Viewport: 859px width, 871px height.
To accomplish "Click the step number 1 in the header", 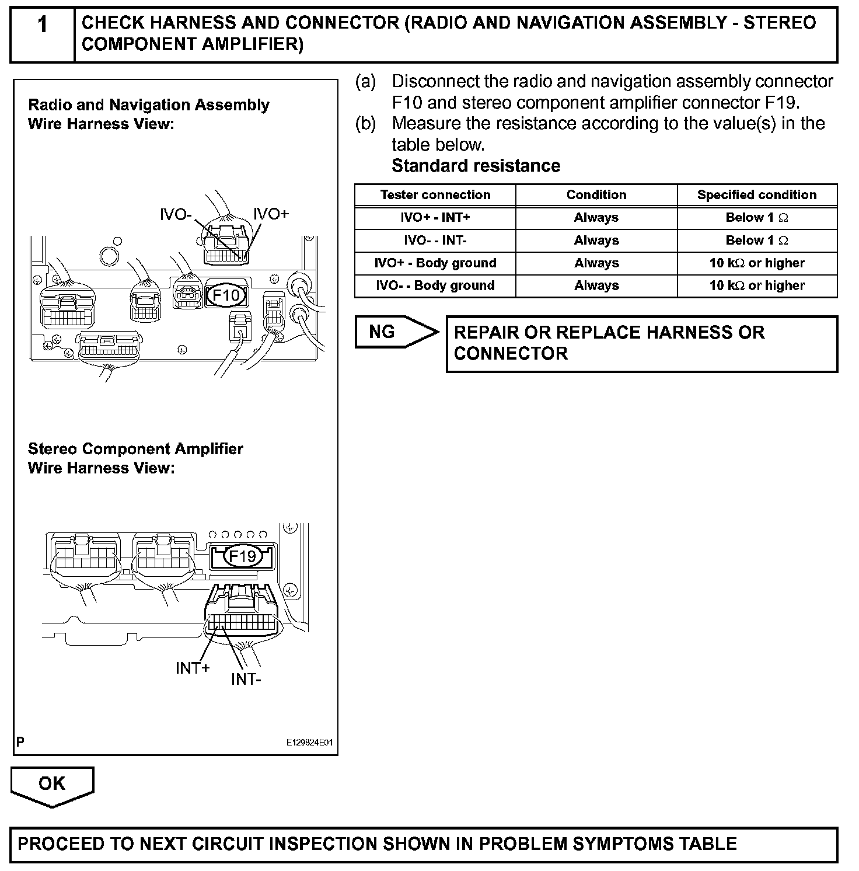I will (42, 26).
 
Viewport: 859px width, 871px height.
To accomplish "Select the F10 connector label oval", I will (226, 295).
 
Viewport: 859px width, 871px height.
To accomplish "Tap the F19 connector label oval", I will (242, 556).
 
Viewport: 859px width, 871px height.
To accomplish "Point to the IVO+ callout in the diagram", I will (271, 214).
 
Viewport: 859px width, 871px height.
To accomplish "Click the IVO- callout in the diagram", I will (176, 215).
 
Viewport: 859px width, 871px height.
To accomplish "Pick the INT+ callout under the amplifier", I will (193, 668).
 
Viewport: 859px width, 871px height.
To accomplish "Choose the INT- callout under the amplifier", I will (246, 680).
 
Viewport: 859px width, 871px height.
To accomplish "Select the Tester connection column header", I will (435, 195).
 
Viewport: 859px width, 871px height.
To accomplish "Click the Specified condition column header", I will (757, 195).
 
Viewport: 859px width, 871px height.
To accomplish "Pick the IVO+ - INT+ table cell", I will (435, 218).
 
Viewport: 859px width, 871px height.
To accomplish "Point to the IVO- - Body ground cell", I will (435, 285).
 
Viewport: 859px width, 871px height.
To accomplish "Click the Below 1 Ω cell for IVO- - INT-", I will (757, 241).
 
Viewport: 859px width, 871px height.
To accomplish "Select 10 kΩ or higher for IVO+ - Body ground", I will (757, 263).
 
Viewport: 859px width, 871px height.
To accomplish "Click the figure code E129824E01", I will (309, 743).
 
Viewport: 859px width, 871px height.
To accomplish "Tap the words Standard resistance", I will (476, 166).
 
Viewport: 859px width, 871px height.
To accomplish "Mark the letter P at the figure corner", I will (20, 742).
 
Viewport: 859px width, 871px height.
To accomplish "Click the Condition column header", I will (596, 195).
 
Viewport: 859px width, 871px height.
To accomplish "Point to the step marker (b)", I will (365, 124).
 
